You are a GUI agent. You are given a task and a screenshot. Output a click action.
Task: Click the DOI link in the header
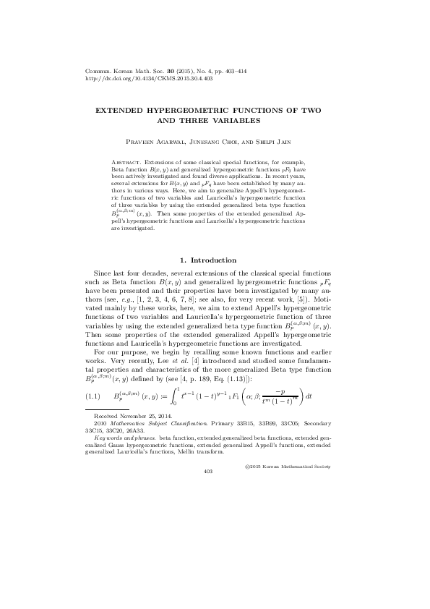coord(138,79)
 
